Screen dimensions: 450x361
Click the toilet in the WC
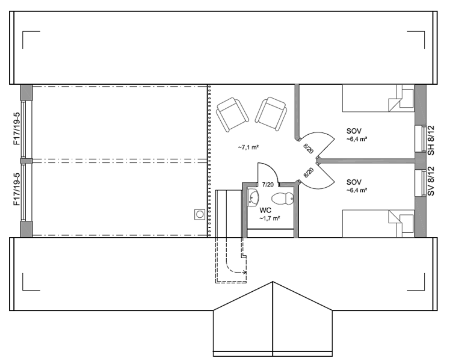point(282,199)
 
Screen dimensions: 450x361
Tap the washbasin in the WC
point(253,198)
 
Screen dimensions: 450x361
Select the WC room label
point(265,211)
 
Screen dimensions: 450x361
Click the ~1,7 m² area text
point(270,218)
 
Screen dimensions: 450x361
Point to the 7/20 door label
point(268,185)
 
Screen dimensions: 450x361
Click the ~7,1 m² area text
point(248,147)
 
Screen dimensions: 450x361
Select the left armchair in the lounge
point(232,114)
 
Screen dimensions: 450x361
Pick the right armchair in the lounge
point(271,114)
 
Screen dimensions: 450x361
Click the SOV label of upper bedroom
point(354,131)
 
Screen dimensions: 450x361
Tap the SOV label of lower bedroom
point(354,182)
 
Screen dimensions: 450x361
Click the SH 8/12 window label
point(431,141)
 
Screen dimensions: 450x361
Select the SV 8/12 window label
point(431,181)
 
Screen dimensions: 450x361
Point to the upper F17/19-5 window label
point(17,129)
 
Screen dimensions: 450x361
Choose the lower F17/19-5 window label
point(17,189)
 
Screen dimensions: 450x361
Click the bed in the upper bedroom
point(378,98)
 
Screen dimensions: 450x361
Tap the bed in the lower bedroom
point(378,224)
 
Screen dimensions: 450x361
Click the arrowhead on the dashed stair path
point(245,273)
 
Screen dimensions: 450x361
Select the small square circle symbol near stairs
point(200,214)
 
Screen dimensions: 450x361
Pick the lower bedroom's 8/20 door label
point(308,173)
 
